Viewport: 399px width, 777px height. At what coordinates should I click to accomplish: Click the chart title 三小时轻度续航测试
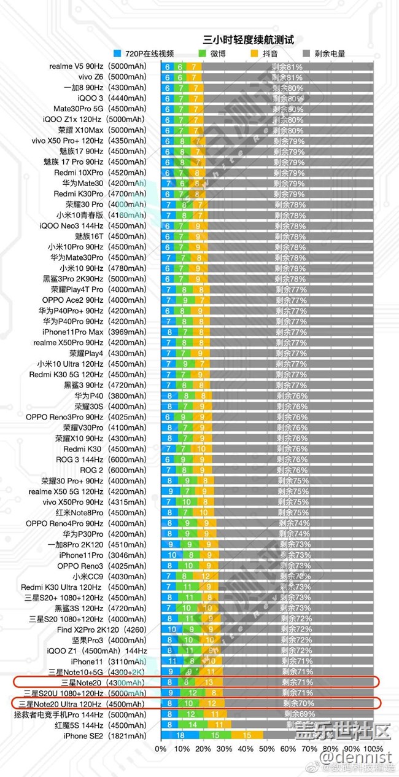249,40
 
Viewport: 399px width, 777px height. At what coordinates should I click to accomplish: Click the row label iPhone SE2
104,736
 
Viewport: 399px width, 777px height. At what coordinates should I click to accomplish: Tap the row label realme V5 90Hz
98,66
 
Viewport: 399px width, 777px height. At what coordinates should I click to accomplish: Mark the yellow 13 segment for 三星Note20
210,682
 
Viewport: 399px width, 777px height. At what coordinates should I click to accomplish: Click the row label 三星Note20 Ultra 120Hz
82,704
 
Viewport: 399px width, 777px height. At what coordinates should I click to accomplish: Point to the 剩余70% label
298,704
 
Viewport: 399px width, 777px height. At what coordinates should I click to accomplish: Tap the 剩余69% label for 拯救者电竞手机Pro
300,714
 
